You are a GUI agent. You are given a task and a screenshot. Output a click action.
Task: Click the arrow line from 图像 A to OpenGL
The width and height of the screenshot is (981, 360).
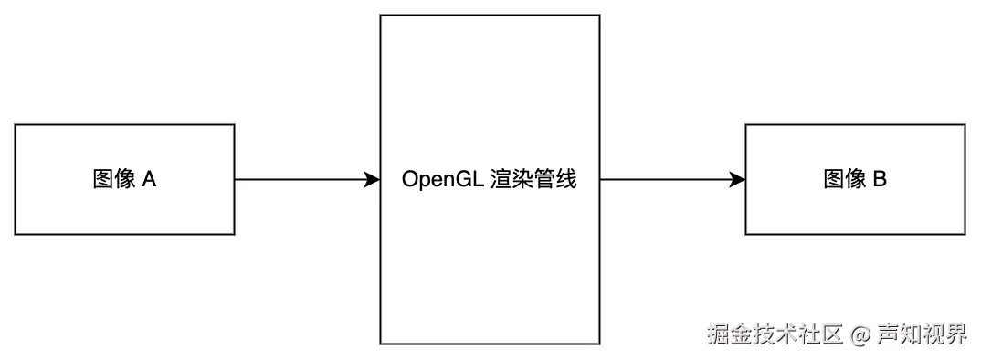click(301, 180)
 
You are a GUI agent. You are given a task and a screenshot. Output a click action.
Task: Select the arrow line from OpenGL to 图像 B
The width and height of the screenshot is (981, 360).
click(667, 180)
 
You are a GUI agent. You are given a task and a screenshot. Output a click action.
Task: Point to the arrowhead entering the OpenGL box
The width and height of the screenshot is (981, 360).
click(372, 180)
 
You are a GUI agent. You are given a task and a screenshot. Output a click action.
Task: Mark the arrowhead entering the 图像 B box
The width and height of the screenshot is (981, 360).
click(737, 180)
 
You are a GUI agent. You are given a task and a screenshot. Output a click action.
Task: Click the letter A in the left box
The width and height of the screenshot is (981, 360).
click(149, 180)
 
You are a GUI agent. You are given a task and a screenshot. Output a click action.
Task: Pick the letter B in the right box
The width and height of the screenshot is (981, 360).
click(880, 180)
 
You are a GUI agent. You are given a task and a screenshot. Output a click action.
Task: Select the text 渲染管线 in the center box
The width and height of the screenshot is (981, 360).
click(542, 180)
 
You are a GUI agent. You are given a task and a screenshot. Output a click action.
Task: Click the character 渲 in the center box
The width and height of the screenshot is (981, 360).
click(514, 180)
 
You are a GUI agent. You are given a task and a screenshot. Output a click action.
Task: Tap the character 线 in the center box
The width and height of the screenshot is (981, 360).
click(568, 180)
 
